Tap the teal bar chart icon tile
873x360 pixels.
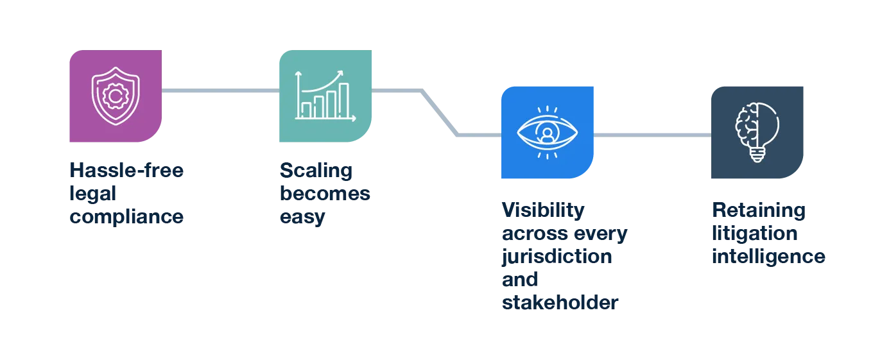[x=325, y=95]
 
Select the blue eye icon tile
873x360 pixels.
[x=547, y=131]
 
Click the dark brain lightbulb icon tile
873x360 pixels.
[x=757, y=131]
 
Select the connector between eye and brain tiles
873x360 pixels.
[x=652, y=133]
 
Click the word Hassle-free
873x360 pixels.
[x=126, y=172]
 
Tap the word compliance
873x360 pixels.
[x=126, y=217]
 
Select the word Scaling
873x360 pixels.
[x=315, y=172]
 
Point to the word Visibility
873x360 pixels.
[x=542, y=210]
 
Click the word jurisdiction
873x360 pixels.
[x=557, y=257]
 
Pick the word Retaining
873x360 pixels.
[x=757, y=210]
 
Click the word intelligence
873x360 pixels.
[x=767, y=257]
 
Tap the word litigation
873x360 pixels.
[x=755, y=234]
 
